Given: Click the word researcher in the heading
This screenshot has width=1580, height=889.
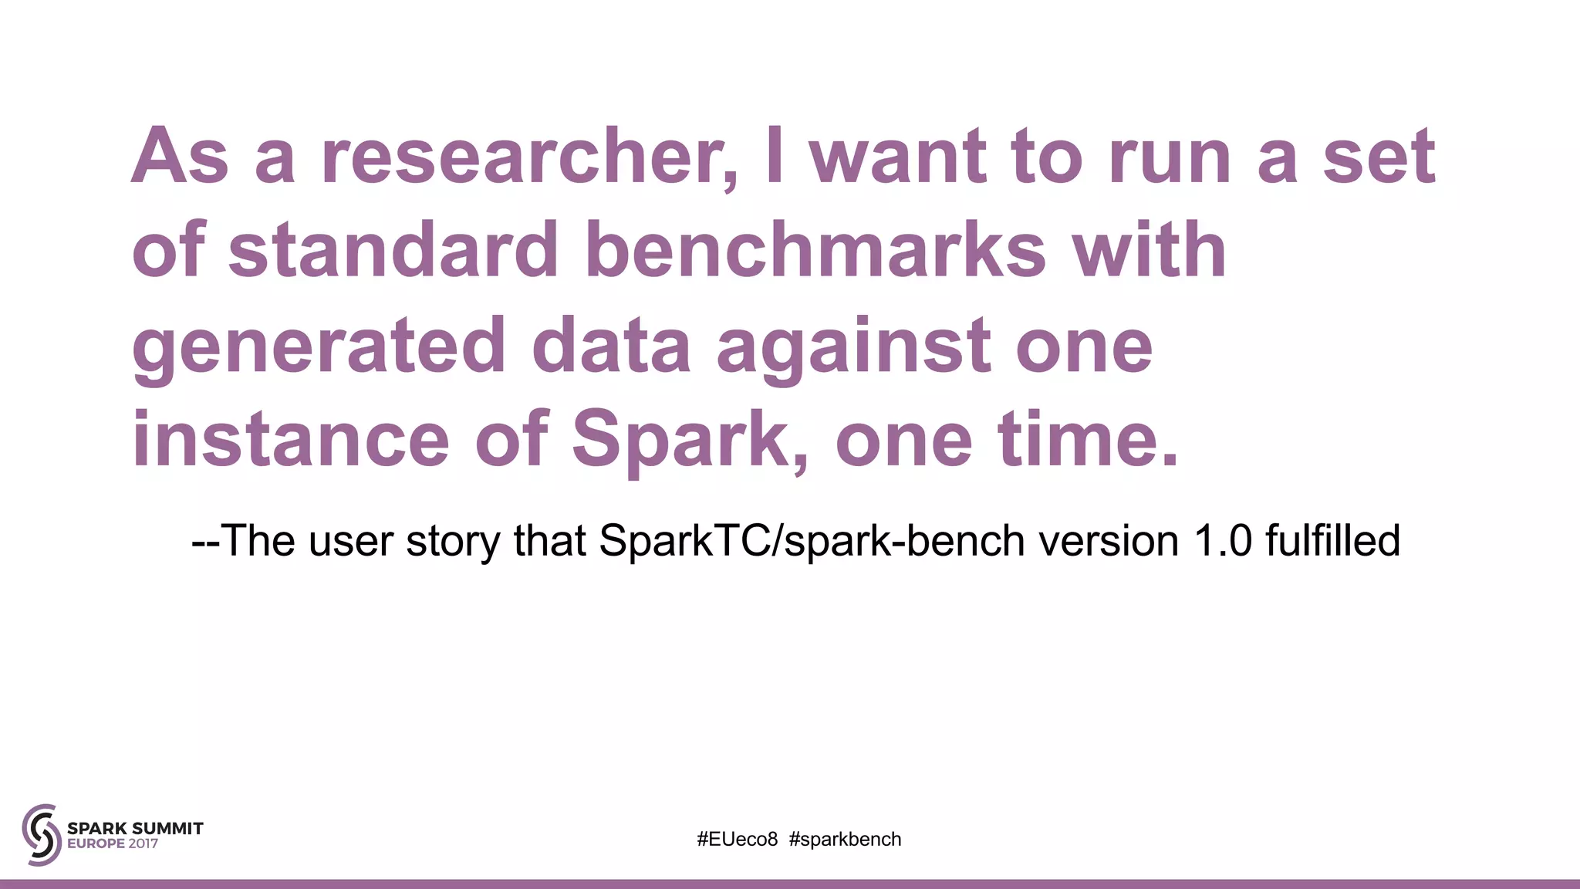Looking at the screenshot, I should click(528, 157).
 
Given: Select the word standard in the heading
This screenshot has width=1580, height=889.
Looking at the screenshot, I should click(393, 251).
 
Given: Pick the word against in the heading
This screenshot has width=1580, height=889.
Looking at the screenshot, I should click(853, 347).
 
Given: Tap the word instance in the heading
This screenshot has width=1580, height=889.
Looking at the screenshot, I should click(290, 440).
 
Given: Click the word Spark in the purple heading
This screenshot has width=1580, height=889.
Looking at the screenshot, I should click(686, 440).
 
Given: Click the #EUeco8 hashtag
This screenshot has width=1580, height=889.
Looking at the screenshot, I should click(737, 840).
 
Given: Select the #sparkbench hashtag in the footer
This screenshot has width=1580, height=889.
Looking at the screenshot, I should click(845, 840).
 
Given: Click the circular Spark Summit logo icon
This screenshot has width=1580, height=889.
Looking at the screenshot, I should click(42, 834).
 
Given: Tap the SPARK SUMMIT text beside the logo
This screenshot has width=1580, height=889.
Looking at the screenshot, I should click(135, 828).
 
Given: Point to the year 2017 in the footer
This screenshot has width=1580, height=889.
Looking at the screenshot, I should click(143, 844).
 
